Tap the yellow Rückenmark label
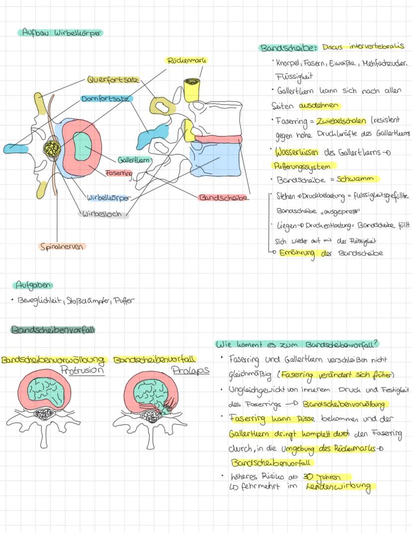187,60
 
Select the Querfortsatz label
112,80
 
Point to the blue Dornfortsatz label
107,99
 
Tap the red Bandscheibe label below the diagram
223,198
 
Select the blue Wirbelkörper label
108,198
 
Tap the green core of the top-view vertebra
83,147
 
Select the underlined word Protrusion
82,371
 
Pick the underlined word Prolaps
190,371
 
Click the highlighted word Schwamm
357,179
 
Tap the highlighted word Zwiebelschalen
338,121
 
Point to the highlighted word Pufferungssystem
304,166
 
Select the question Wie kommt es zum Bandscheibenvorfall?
297,344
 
